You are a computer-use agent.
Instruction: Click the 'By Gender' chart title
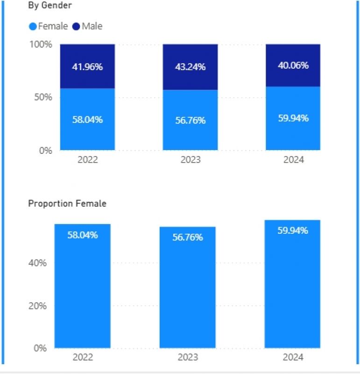coord(49,6)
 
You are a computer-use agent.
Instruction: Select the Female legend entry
coord(49,26)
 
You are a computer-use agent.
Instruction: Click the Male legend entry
coord(87,26)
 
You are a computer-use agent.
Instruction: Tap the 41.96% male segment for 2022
coord(87,66)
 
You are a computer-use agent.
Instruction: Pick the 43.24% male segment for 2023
coord(190,66)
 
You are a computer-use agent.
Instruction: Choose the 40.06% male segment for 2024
coord(293,65)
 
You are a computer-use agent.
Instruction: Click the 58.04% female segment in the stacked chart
coord(87,119)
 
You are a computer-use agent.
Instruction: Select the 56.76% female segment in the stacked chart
coord(190,120)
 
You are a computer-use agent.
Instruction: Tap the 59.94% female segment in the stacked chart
coord(293,118)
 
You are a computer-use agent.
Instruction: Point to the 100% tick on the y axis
coord(42,44)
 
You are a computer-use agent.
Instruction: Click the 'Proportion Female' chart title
coord(67,203)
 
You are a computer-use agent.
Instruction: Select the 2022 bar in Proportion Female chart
coord(83,286)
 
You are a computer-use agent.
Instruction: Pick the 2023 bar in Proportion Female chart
coord(187,288)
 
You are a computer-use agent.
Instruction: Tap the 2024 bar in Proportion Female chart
coord(292,284)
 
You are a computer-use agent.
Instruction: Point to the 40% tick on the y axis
coord(37,263)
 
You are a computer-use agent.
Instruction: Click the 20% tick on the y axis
coord(37,306)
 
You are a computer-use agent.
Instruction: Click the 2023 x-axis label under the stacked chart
coord(190,160)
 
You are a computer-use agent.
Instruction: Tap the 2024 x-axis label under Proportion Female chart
coord(293,357)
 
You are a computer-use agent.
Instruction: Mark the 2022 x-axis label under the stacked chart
coord(87,160)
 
